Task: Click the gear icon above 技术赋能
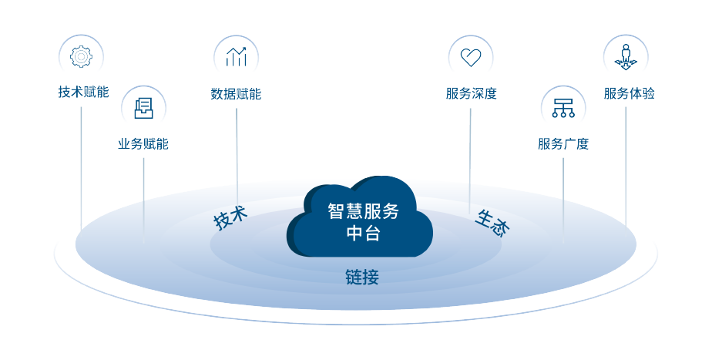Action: pyautogui.click(x=81, y=56)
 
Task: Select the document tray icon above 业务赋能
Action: pyautogui.click(x=143, y=108)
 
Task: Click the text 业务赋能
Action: pyautogui.click(x=143, y=144)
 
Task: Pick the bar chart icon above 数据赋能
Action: pyautogui.click(x=236, y=56)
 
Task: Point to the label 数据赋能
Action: pyautogui.click(x=236, y=94)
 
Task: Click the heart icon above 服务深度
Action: pyautogui.click(x=470, y=56)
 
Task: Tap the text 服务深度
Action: pyautogui.click(x=471, y=94)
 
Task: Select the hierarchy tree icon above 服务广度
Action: pyautogui.click(x=563, y=108)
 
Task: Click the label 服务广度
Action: pyautogui.click(x=563, y=144)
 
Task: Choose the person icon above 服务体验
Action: pyautogui.click(x=626, y=56)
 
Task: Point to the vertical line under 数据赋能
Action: pyautogui.click(x=237, y=154)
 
